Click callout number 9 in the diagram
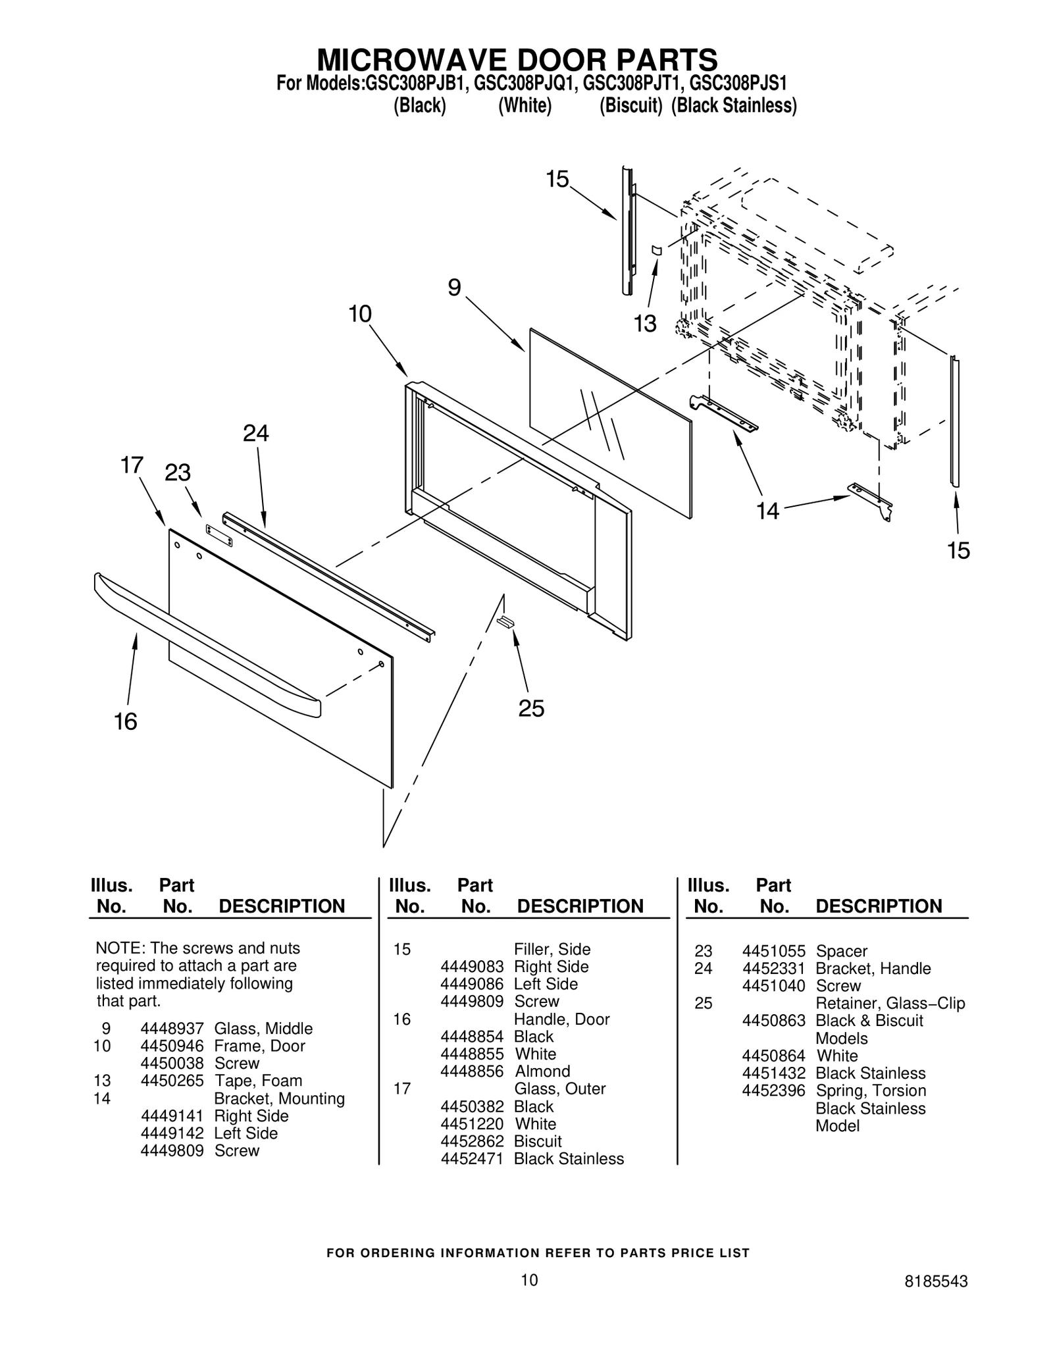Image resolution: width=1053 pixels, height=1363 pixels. [454, 288]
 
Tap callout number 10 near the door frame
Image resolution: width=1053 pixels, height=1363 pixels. [360, 314]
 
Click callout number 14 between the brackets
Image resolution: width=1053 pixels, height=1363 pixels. [767, 510]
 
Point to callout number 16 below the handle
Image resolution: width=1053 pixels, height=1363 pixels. [126, 722]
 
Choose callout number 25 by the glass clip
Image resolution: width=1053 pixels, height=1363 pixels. [531, 709]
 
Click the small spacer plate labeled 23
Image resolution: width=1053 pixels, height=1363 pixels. [219, 535]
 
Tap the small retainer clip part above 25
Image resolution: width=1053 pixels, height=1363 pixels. [505, 622]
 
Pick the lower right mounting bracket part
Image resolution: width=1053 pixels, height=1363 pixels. [870, 500]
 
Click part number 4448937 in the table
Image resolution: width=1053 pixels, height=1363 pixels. [172, 1029]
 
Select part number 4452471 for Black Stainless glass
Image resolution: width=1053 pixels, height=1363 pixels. [471, 1159]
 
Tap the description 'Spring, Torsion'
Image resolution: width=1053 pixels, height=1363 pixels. [871, 1091]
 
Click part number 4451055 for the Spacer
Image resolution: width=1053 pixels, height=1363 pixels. [773, 951]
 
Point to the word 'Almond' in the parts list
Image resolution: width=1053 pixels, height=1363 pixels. [542, 1071]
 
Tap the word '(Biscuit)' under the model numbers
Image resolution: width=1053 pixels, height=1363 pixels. [630, 105]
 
